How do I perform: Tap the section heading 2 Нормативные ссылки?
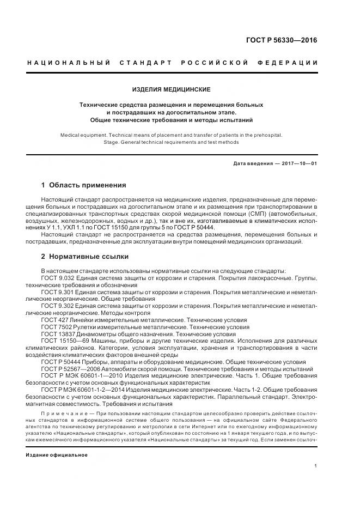pyautogui.click(x=85, y=256)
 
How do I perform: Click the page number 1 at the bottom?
pyautogui.click(x=316, y=466)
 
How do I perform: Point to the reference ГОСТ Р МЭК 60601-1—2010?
pyautogui.click(x=79, y=376)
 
